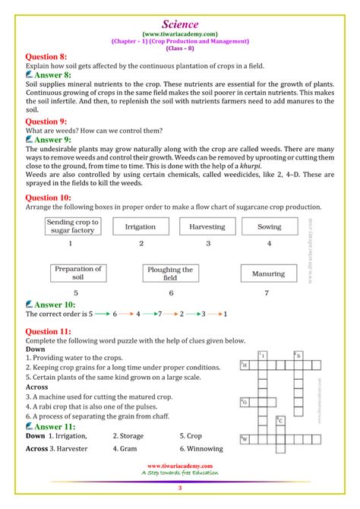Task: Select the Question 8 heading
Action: pos(47,56)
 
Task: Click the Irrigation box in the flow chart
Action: pos(141,226)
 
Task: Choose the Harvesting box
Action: pos(207,226)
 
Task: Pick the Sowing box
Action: pos(269,226)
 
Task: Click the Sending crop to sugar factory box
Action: pos(70,226)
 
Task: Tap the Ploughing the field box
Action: pos(170,273)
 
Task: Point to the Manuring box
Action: pos(268,273)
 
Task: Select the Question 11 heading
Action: pos(49,331)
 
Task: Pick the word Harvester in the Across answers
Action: pos(68,449)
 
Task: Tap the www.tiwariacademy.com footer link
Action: pos(180,465)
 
